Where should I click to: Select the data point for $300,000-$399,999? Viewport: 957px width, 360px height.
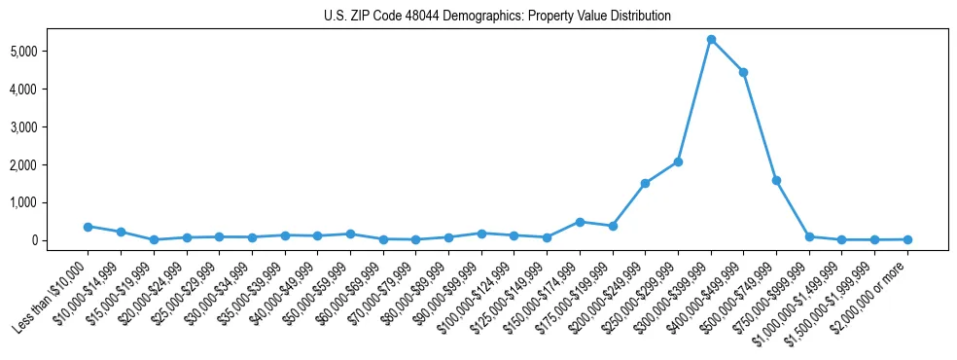711,40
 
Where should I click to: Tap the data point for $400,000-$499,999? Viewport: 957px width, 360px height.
744,72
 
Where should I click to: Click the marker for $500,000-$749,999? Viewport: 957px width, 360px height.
776,180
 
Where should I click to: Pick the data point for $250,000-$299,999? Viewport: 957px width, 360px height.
678,162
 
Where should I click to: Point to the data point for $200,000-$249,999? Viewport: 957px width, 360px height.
645,183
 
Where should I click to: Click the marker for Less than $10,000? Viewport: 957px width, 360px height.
88,227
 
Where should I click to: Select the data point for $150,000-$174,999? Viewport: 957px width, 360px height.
580,222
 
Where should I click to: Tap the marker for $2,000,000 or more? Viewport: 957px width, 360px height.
907,239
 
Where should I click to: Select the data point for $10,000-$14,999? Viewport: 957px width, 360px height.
121,233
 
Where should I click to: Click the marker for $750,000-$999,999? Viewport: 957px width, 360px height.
809,236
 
